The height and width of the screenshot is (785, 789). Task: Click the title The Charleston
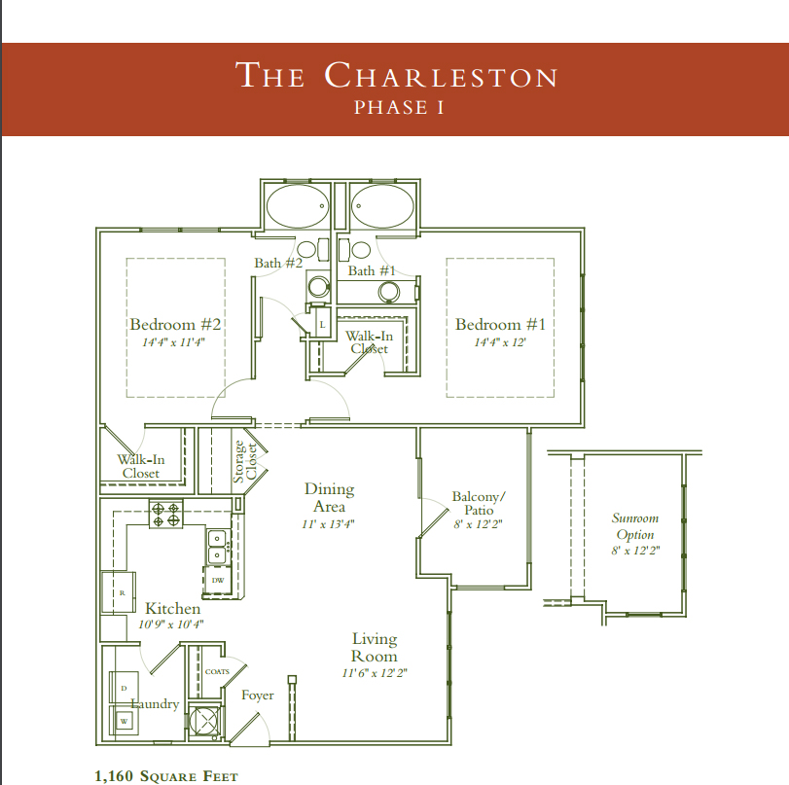tap(397, 75)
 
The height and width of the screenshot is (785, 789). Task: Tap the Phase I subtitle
tap(399, 108)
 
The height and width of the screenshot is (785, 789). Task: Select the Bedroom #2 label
tap(175, 324)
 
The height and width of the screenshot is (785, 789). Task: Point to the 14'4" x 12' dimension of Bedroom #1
tap(500, 342)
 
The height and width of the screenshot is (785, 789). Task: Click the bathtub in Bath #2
tap(297, 206)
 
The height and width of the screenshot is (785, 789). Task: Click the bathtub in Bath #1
tap(382, 206)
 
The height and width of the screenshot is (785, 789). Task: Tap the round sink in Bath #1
tap(389, 292)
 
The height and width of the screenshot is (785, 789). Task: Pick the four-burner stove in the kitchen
tap(166, 514)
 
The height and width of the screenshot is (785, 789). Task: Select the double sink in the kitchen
tap(218, 547)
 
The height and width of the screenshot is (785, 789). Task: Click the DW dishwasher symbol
tap(217, 581)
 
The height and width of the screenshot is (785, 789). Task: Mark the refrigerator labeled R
tap(119, 592)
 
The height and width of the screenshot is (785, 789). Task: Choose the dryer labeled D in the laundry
tap(124, 688)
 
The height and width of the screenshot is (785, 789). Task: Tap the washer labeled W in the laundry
tap(124, 721)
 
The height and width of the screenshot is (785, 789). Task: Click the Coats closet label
tap(217, 672)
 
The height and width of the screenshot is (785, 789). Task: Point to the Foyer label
tap(258, 696)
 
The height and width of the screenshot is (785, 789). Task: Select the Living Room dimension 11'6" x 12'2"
tap(375, 673)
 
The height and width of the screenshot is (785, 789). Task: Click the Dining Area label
tap(330, 498)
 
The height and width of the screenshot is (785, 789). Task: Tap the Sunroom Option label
tap(635, 526)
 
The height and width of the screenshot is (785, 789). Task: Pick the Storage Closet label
tap(245, 461)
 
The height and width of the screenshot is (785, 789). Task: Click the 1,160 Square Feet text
tap(166, 776)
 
